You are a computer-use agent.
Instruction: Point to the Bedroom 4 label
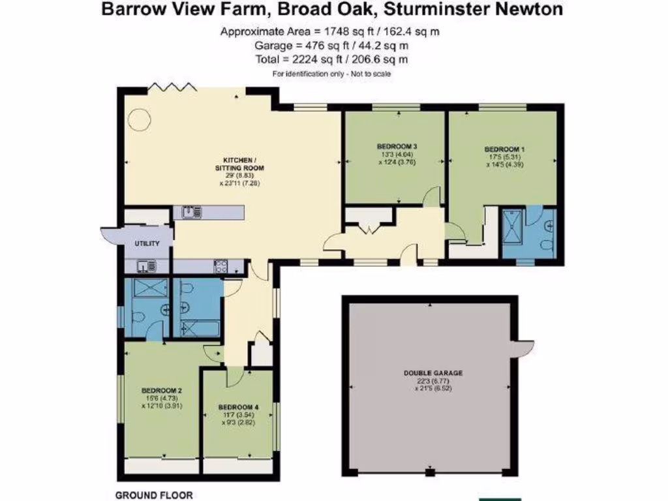pyautogui.click(x=239, y=407)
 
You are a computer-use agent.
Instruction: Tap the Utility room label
pyautogui.click(x=147, y=243)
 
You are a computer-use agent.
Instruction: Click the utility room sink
pyautogui.click(x=145, y=266)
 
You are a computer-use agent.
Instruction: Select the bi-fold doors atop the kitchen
pyautogui.click(x=171, y=85)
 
